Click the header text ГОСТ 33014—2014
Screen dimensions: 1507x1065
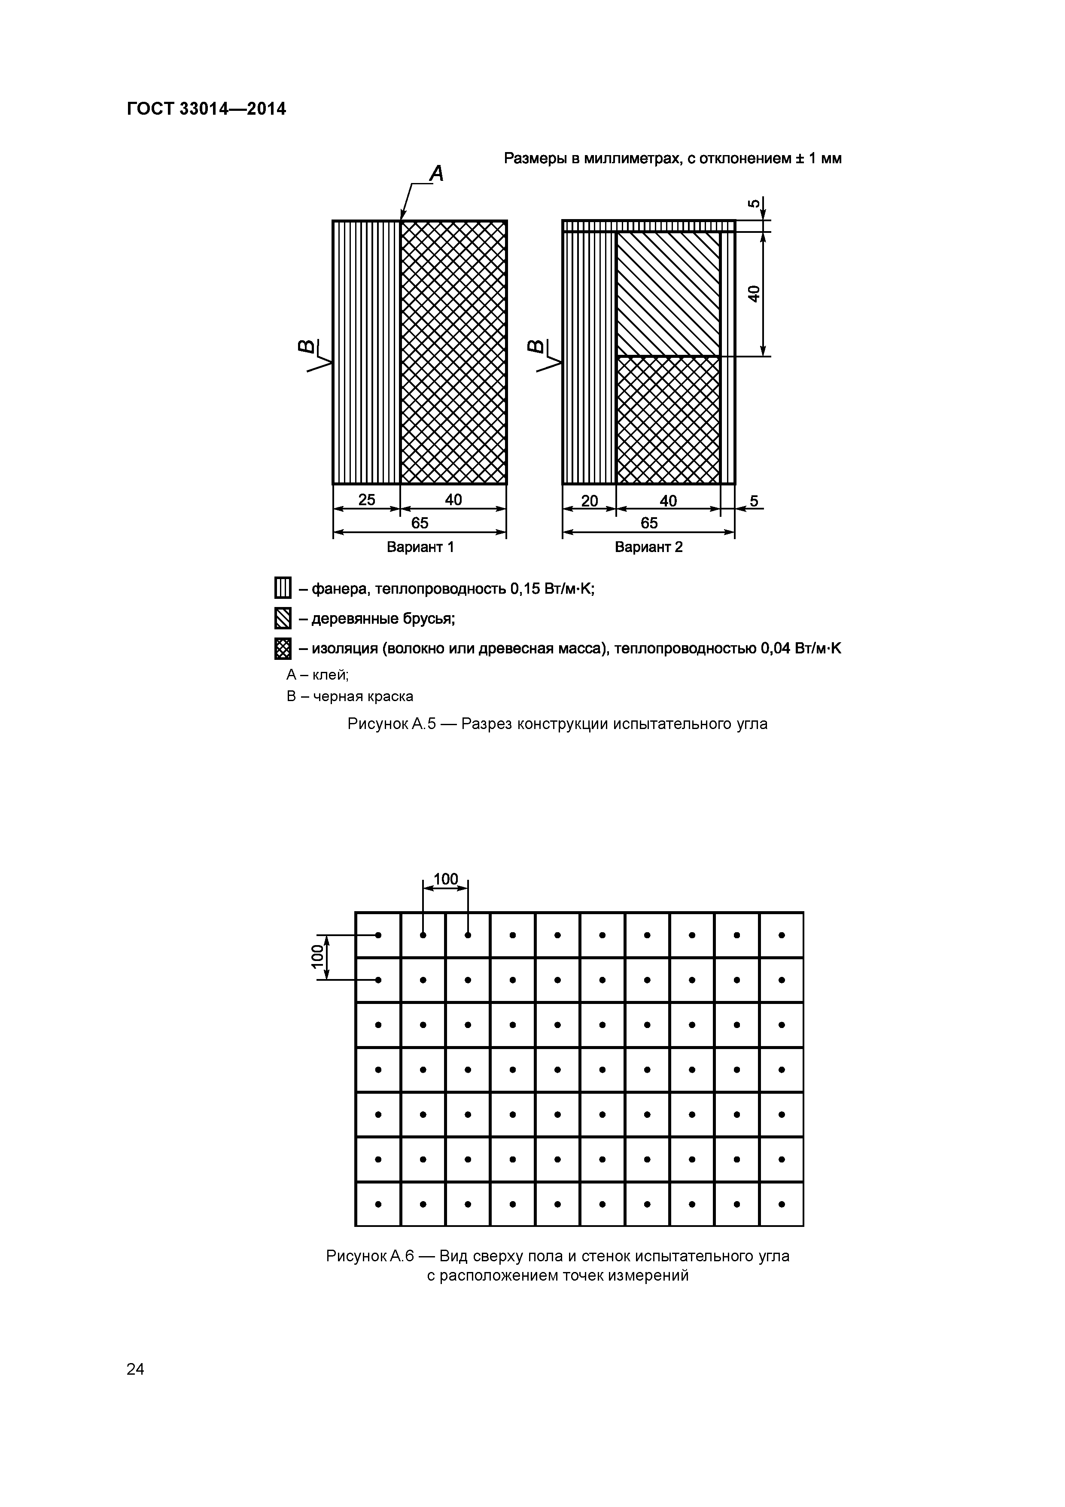pos(206,109)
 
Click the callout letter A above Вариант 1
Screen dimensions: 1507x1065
pos(436,174)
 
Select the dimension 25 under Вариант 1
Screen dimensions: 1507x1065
pos(366,500)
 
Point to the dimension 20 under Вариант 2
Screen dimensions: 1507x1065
pos(589,501)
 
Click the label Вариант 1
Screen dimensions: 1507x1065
pos(420,547)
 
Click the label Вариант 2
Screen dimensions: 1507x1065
pos(648,547)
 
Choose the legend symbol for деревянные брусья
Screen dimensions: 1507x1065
pos(282,618)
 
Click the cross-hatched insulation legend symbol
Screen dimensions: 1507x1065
pos(282,649)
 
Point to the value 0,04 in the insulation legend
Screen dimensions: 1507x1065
pos(775,649)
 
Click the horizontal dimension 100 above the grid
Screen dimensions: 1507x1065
pos(446,878)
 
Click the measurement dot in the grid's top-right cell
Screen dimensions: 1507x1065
pos(782,935)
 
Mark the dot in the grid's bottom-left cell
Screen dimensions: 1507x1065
pos(378,1204)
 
